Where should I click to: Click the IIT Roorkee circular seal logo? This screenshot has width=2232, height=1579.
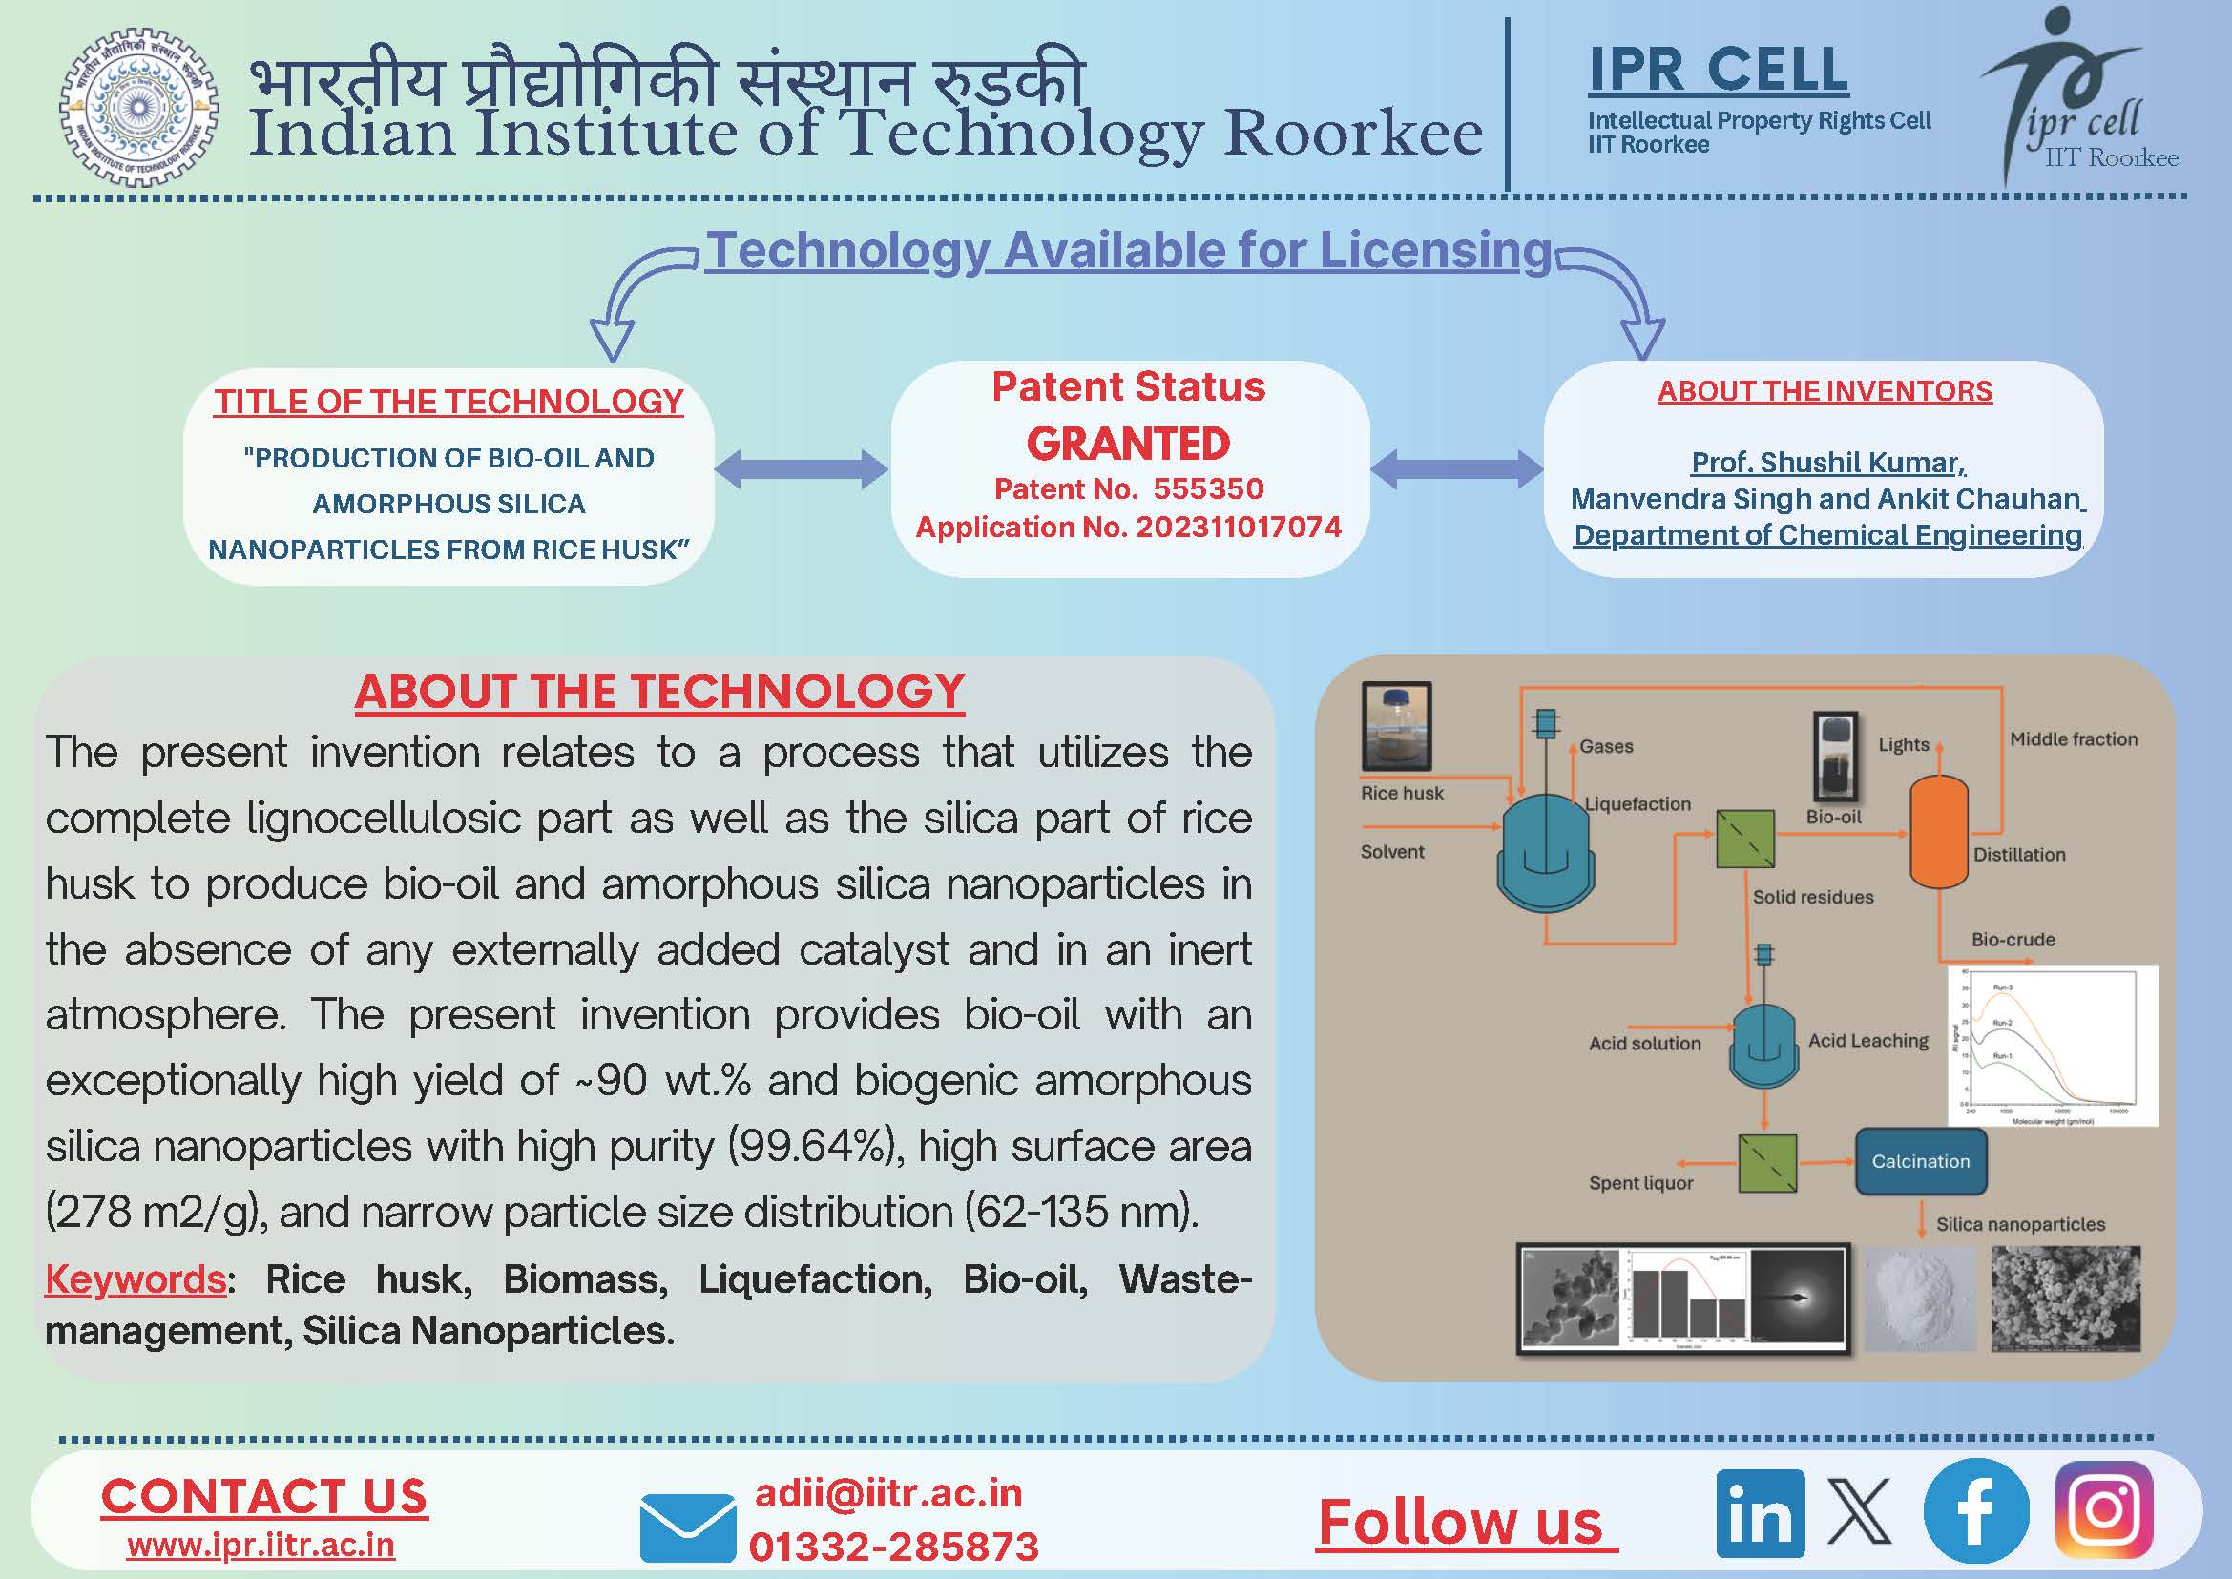[x=139, y=106]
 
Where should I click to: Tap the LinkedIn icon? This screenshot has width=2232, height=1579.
[x=1760, y=1513]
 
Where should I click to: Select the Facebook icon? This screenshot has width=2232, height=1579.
[x=1975, y=1511]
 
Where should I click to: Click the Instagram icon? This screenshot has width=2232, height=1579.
[x=2102, y=1510]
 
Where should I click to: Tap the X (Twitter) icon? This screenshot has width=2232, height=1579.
[x=1860, y=1512]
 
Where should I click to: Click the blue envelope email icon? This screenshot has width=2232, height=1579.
[x=687, y=1527]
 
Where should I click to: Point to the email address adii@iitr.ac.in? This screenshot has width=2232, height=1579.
[x=888, y=1493]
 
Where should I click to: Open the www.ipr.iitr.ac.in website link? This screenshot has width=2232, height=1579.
[x=261, y=1545]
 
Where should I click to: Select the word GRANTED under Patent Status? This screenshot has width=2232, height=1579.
[x=1128, y=444]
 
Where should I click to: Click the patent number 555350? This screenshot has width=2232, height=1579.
[x=1208, y=488]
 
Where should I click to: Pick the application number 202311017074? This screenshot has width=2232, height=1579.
[x=1238, y=527]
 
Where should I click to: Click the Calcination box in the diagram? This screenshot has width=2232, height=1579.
[x=1920, y=1161]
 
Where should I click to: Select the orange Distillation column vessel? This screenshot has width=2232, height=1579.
[x=1938, y=832]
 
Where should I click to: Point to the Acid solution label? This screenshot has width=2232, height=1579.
[x=1644, y=1043]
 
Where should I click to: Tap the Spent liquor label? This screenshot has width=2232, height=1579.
[x=1640, y=1183]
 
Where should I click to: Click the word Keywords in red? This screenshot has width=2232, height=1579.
[x=136, y=1279]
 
